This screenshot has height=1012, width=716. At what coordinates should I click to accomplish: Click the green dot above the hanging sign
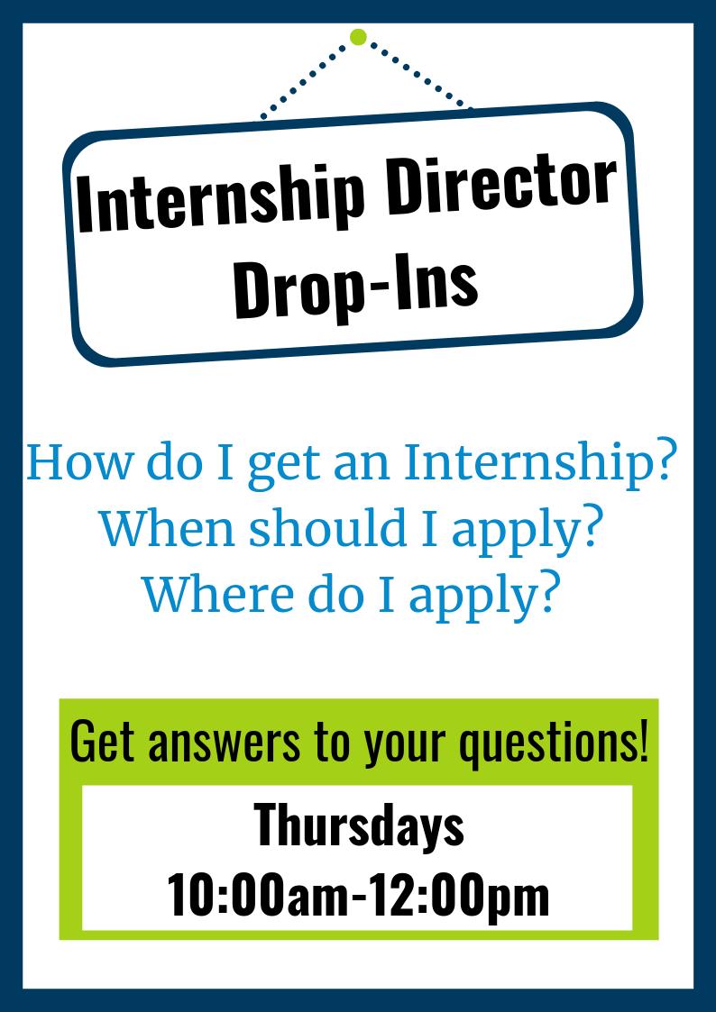click(x=358, y=37)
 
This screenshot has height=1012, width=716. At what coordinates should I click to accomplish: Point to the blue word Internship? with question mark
click(x=540, y=465)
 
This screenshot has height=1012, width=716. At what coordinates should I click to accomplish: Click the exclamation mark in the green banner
click(x=642, y=741)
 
